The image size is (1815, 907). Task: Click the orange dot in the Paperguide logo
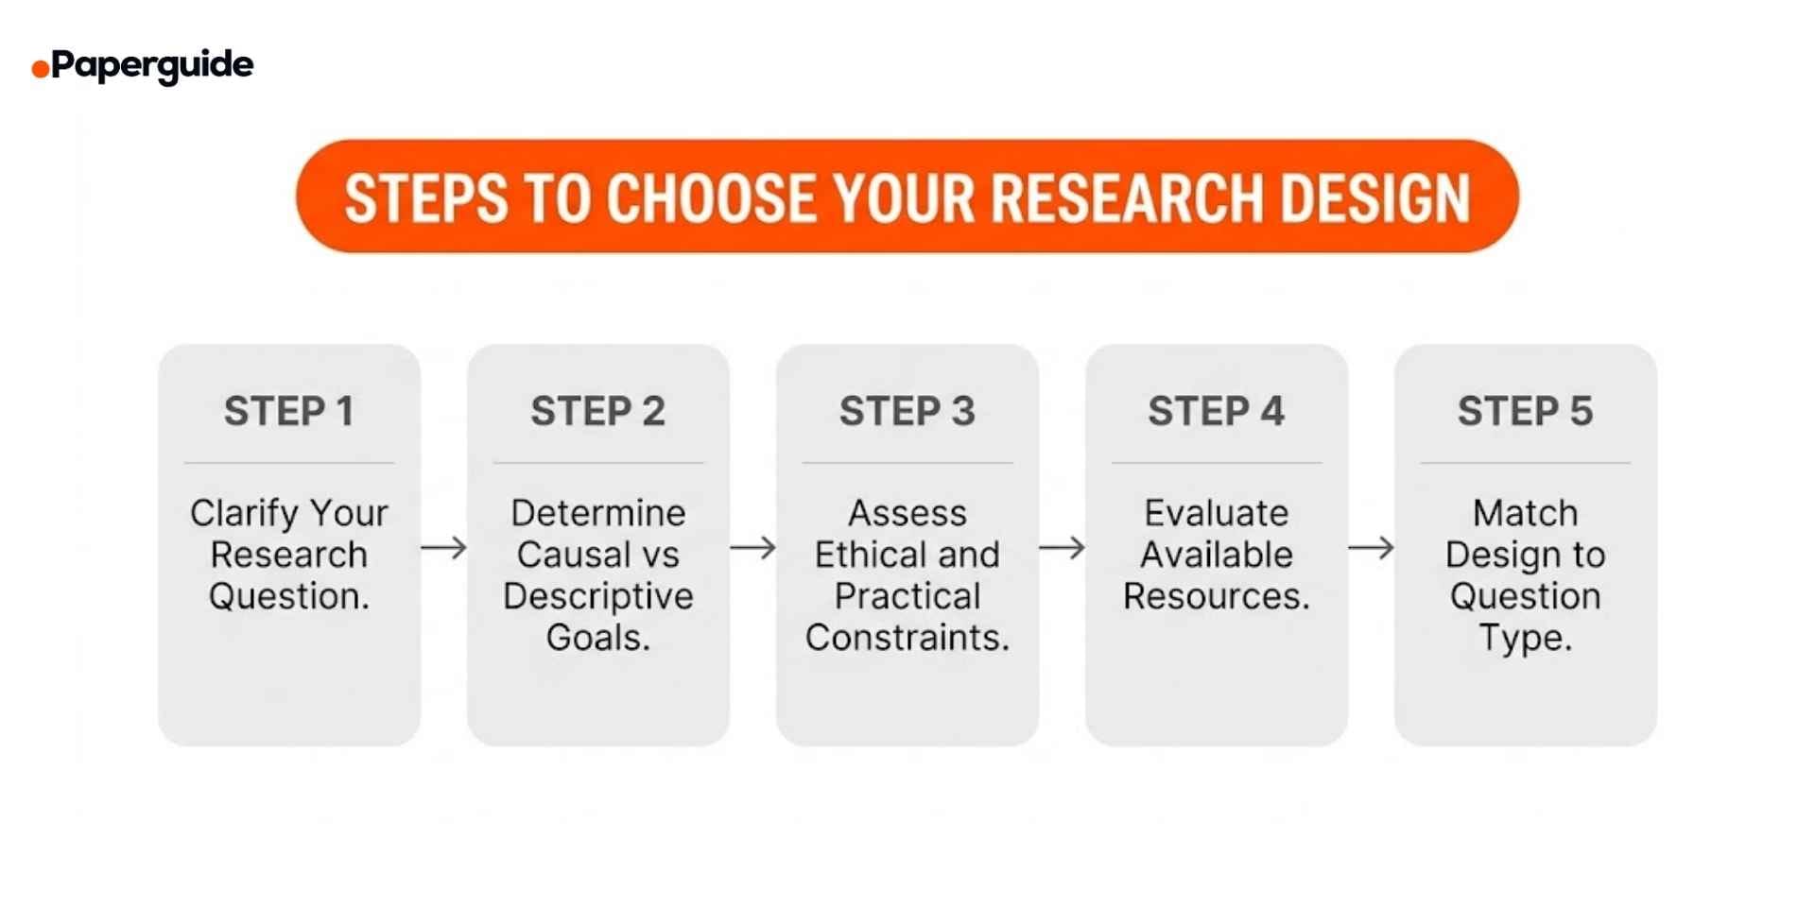point(41,68)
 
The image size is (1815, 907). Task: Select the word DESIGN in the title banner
point(1375,198)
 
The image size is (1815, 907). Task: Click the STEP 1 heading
point(289,411)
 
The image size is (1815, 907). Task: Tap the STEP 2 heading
point(598,411)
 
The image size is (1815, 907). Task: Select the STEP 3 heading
point(907,411)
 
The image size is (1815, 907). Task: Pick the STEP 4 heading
point(1217,411)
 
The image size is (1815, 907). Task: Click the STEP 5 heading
point(1526,411)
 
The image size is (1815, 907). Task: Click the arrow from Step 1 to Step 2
point(444,548)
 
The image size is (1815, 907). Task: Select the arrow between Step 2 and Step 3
point(753,548)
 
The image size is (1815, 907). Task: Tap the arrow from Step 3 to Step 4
point(1063,548)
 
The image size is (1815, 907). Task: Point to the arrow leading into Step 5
point(1372,548)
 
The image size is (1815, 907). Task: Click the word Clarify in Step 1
point(244,514)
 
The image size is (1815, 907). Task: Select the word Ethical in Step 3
point(865,555)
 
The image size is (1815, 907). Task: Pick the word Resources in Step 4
point(1217,596)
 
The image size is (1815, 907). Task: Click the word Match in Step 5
point(1526,513)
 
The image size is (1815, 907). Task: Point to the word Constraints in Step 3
point(907,638)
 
